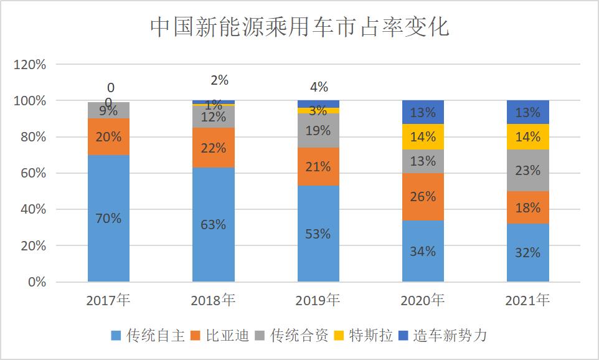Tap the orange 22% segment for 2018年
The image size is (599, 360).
point(214,148)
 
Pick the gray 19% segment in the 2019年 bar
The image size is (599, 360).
point(318,131)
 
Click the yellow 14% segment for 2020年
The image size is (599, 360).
point(423,137)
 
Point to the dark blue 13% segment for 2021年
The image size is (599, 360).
point(527,112)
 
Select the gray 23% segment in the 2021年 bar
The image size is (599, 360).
point(527,170)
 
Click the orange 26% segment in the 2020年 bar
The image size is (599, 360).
point(423,197)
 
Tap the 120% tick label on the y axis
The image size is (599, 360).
point(30,64)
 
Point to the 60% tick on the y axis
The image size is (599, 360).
point(33,173)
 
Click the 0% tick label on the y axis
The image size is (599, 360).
point(36,282)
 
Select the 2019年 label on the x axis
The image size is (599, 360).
point(318,300)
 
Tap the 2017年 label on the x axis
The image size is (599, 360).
point(108,300)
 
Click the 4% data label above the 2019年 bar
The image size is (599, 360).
point(319,87)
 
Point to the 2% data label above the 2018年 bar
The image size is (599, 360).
point(219,80)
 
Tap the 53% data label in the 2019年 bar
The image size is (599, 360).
point(318,234)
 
